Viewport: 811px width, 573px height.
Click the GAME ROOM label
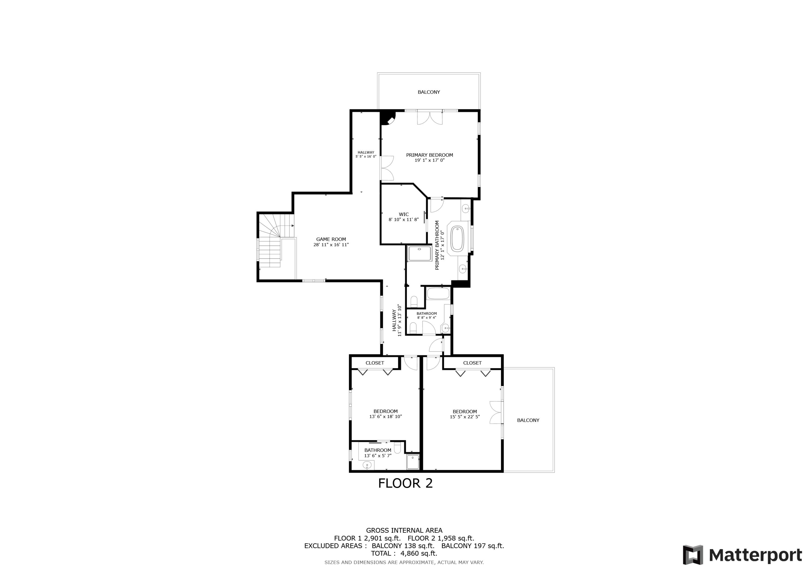coord(331,239)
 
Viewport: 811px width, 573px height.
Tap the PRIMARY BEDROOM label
coord(429,155)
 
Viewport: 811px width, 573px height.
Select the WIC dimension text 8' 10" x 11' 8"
coord(403,220)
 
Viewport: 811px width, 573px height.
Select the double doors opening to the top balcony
coord(429,118)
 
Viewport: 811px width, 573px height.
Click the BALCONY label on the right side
coord(528,420)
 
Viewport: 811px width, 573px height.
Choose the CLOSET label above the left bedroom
coord(374,363)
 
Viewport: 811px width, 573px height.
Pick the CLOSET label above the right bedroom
coord(472,363)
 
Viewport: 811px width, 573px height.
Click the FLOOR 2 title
coord(405,483)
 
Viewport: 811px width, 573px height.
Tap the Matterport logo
coord(743,555)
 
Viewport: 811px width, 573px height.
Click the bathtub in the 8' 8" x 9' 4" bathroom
coord(438,293)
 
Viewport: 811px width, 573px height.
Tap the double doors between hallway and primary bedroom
coord(387,168)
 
